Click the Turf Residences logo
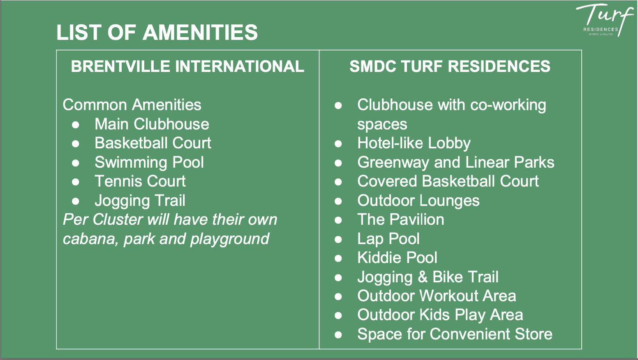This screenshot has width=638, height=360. [x=603, y=20]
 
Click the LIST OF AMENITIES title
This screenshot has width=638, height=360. [x=157, y=32]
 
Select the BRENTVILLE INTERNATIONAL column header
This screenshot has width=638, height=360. [x=187, y=67]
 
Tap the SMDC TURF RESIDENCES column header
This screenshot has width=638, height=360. [x=450, y=67]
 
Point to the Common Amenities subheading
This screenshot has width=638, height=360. [x=132, y=105]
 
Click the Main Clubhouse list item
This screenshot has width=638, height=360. [x=152, y=124]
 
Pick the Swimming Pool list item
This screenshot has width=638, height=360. [x=149, y=162]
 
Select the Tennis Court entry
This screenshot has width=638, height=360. [x=140, y=181]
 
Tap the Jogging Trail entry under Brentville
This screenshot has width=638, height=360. [x=140, y=201]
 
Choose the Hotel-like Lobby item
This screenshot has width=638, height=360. [x=414, y=143]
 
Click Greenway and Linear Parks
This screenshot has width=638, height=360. [x=455, y=162]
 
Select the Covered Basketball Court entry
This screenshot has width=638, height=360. [x=448, y=181]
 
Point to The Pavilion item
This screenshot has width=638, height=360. [x=401, y=219]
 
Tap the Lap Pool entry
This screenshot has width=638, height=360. [x=388, y=239]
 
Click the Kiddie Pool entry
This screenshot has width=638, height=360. [x=397, y=258]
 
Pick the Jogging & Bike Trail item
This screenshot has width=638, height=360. [x=428, y=277]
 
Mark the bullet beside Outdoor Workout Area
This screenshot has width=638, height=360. [x=338, y=296]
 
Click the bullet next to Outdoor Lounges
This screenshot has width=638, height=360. [x=338, y=201]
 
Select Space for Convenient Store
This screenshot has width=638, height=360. [x=455, y=334]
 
